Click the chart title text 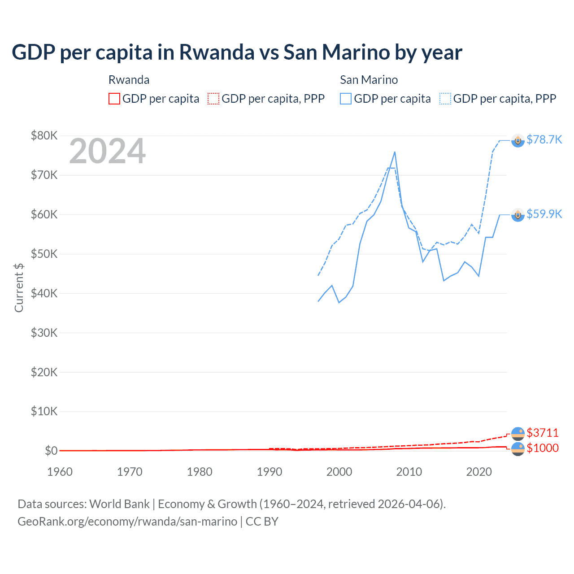(x=237, y=52)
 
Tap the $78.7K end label (x=544, y=139)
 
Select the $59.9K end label (x=544, y=214)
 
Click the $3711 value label (x=542, y=433)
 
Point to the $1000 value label (x=542, y=448)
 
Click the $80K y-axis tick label (x=44, y=135)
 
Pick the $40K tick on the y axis (x=44, y=293)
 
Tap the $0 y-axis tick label (x=51, y=451)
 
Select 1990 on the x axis (x=270, y=472)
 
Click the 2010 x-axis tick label (x=409, y=472)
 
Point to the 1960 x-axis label (x=60, y=472)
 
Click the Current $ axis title (x=19, y=287)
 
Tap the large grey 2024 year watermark (x=107, y=151)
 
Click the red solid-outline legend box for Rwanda (x=114, y=99)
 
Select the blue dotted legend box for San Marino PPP (x=445, y=99)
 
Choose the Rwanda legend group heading (x=129, y=80)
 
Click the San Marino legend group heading (x=369, y=80)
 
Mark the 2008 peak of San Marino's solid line (x=395, y=152)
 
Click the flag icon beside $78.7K (x=518, y=140)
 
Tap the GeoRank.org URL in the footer (x=127, y=522)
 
